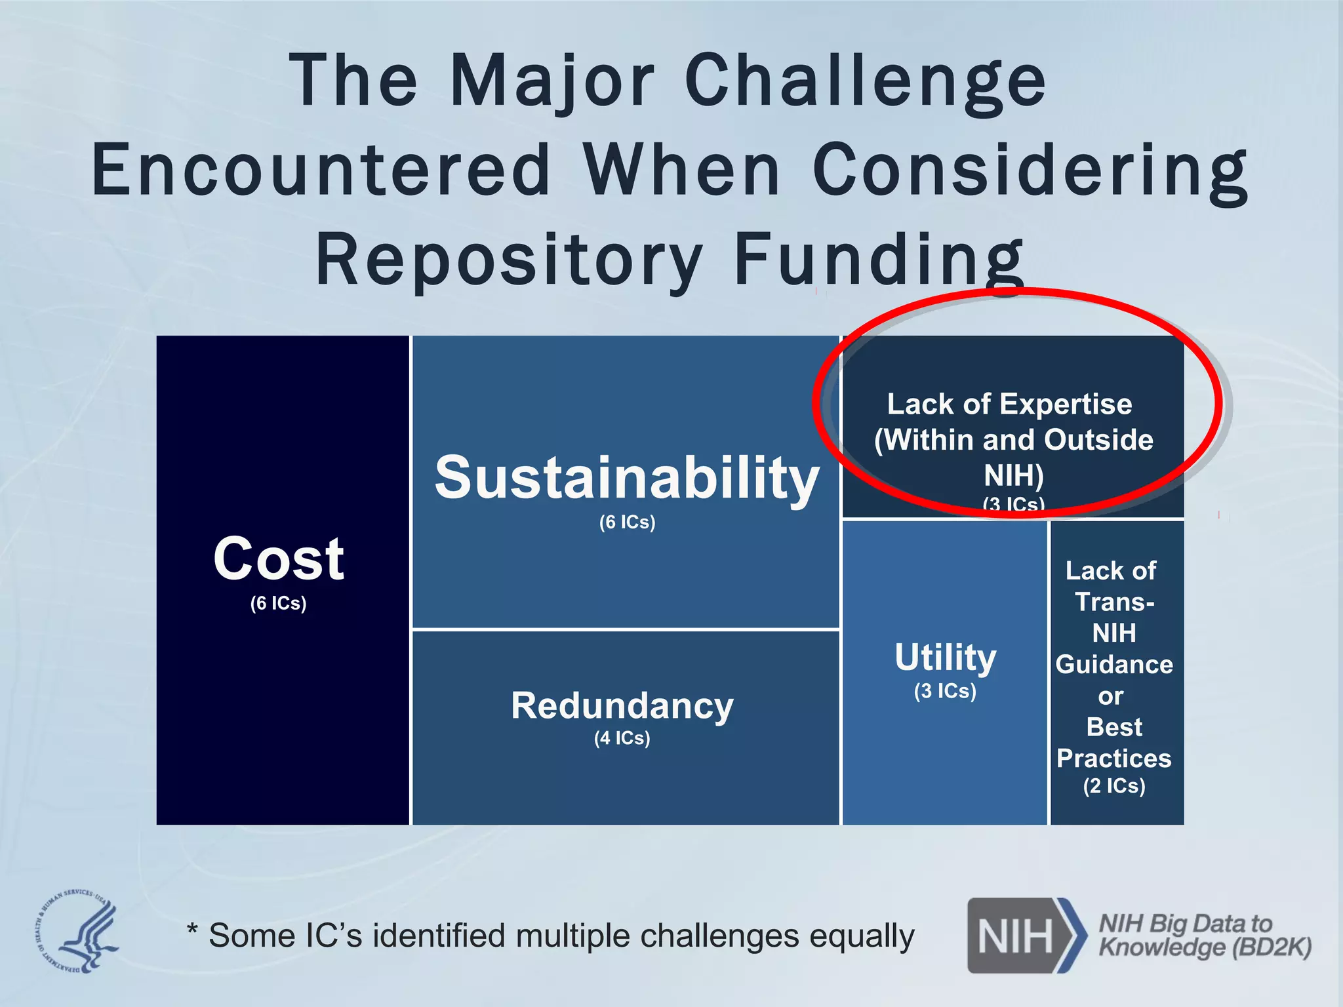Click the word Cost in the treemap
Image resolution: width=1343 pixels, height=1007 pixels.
pyautogui.click(x=279, y=559)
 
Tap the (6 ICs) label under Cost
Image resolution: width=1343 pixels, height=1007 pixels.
pyautogui.click(x=278, y=603)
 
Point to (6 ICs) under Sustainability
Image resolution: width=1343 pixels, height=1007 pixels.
pyautogui.click(x=627, y=523)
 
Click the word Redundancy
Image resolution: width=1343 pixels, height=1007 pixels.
pyautogui.click(x=622, y=706)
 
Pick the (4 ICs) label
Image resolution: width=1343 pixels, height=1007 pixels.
pyautogui.click(x=622, y=738)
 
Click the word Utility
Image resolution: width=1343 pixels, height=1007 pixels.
pyautogui.click(x=945, y=658)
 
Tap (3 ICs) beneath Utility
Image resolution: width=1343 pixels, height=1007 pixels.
pyautogui.click(x=945, y=691)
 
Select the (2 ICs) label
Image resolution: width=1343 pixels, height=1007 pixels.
pyautogui.click(x=1114, y=785)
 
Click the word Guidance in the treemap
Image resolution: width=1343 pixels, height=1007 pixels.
pyautogui.click(x=1114, y=665)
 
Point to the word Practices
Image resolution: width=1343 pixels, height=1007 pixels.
pyautogui.click(x=1114, y=759)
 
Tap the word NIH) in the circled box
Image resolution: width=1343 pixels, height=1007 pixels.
pyautogui.click(x=1013, y=475)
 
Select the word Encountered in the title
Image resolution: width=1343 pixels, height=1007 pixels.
pyautogui.click(x=321, y=170)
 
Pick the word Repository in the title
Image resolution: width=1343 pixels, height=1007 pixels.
pyautogui.click(x=509, y=260)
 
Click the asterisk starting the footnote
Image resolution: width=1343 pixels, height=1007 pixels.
pyautogui.click(x=192, y=929)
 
